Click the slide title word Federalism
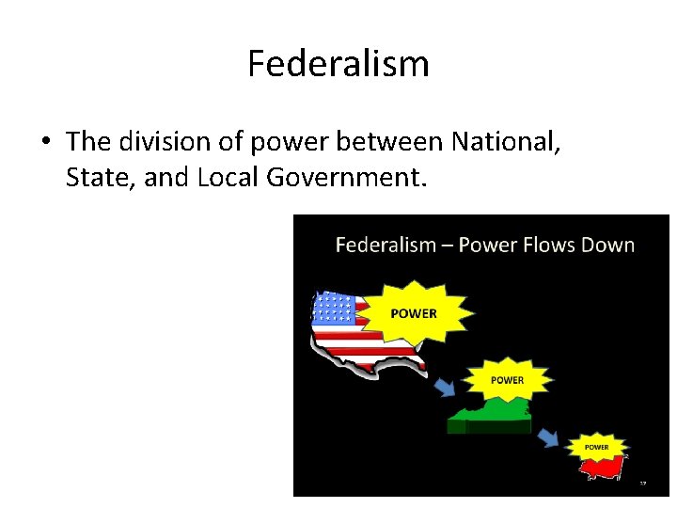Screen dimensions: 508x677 (338, 64)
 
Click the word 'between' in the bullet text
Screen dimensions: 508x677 (394, 141)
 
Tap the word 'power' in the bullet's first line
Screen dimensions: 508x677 (294, 143)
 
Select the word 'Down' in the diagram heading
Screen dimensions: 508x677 (609, 246)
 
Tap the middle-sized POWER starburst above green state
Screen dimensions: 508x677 (508, 380)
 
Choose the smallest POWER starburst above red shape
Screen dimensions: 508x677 (596, 446)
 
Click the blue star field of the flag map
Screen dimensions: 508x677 (333, 309)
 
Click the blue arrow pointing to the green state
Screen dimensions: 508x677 (445, 387)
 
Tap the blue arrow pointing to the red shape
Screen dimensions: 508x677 (546, 438)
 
